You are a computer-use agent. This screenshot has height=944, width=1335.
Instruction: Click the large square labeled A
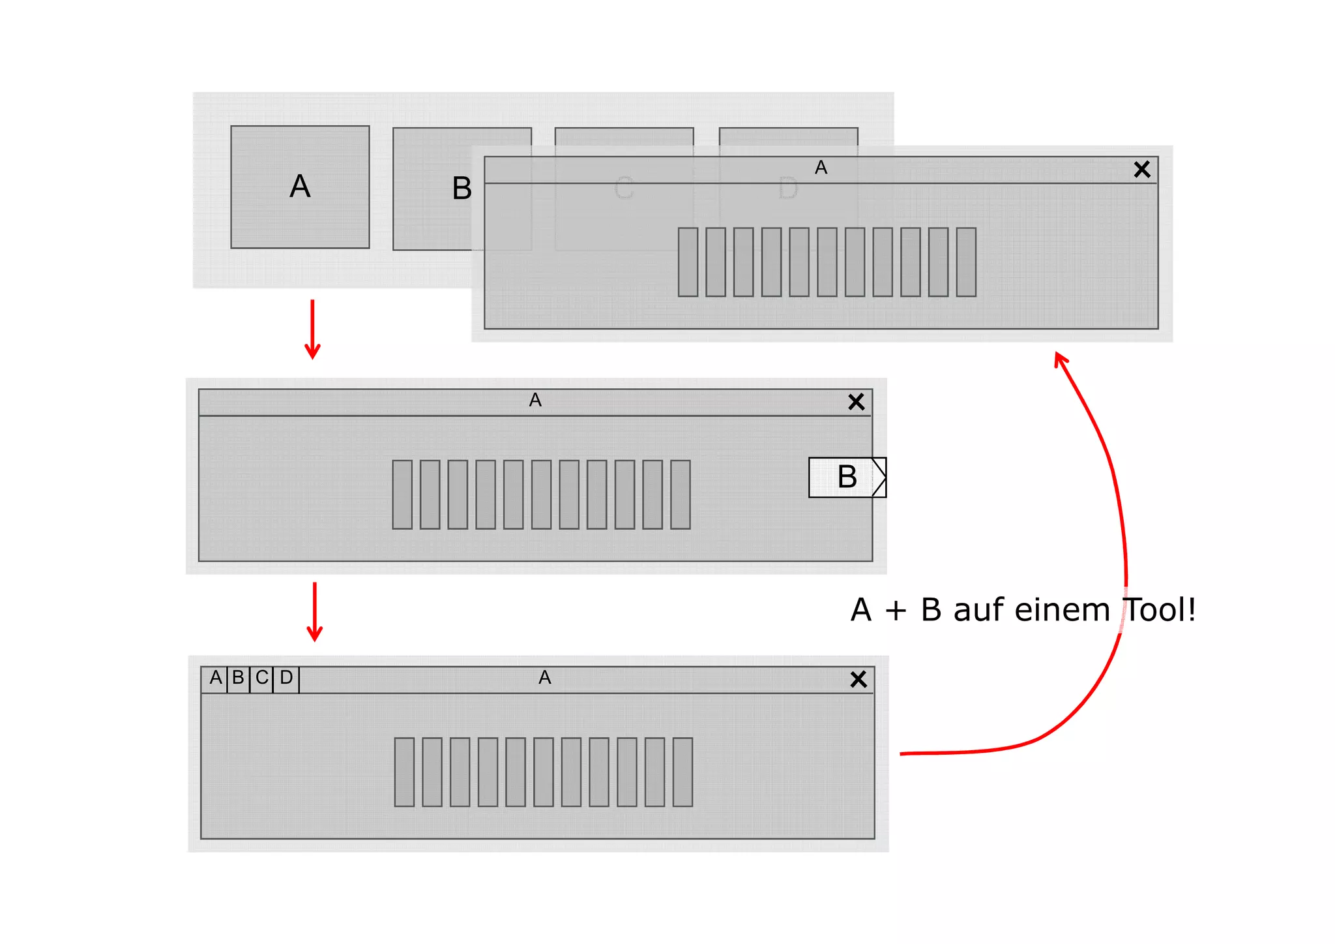click(x=300, y=187)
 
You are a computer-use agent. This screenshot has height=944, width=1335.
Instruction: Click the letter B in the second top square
click(x=462, y=189)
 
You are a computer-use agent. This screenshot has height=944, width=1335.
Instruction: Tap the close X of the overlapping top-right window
click(x=1141, y=170)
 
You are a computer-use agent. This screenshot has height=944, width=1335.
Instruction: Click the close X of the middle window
click(x=856, y=402)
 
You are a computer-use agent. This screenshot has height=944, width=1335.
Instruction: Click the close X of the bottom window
click(x=858, y=680)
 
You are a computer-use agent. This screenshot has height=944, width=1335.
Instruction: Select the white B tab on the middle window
click(x=846, y=478)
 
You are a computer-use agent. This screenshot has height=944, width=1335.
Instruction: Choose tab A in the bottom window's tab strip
click(x=215, y=678)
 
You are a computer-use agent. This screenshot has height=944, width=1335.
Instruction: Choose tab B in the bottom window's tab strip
click(x=238, y=678)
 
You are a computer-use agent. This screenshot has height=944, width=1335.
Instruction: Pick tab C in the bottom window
click(x=261, y=678)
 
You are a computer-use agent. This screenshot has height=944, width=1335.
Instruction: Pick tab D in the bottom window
click(x=286, y=678)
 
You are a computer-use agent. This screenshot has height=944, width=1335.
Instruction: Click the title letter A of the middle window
click(x=535, y=401)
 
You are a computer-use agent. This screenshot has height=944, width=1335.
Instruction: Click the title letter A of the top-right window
click(x=821, y=168)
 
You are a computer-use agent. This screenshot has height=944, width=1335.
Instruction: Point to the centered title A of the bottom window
click(x=545, y=678)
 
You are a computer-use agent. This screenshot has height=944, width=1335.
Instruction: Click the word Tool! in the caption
click(x=1160, y=611)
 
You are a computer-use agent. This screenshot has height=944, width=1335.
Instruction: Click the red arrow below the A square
click(x=313, y=329)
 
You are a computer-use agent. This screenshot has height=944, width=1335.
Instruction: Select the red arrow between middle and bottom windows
click(x=315, y=612)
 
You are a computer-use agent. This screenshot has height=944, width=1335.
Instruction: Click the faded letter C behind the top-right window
click(x=623, y=189)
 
